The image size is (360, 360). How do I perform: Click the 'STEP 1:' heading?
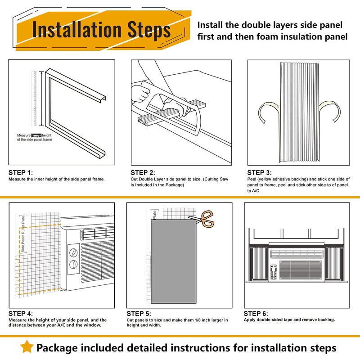21,172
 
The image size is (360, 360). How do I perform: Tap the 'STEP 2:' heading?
143,172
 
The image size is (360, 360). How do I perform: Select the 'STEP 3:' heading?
260,172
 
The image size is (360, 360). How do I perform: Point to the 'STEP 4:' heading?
21,313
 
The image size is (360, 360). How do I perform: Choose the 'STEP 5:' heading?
139,313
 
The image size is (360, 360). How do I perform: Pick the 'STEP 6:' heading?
256,313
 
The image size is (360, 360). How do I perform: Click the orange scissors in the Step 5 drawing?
203,219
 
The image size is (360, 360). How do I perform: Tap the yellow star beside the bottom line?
27,346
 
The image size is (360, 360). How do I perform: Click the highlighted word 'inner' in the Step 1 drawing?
36,135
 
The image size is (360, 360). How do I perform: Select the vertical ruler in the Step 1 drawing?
34,99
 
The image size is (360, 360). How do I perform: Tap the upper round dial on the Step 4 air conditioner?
73,252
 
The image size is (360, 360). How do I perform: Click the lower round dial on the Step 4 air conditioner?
73,264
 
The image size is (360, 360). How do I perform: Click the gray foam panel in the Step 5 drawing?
174,261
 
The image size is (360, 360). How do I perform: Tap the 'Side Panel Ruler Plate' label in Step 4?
23,234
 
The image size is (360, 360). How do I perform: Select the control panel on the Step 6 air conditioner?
274,272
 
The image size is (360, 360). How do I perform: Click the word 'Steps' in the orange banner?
149,30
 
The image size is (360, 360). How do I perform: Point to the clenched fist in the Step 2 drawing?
140,93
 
